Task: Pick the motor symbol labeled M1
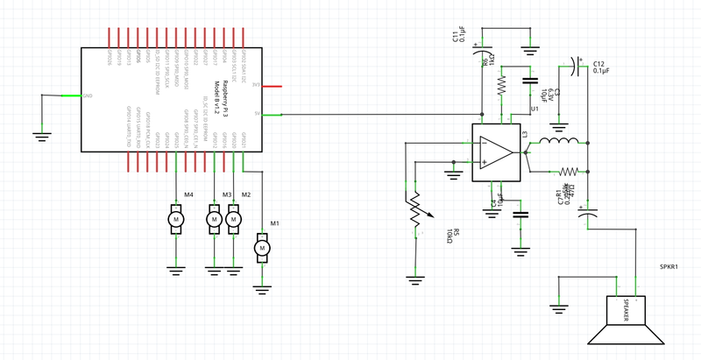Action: pyautogui.click(x=261, y=248)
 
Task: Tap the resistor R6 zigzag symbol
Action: pyautogui.click(x=501, y=85)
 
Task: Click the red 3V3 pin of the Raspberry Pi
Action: pyautogui.click(x=272, y=86)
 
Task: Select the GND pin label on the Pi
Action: pyautogui.click(x=88, y=95)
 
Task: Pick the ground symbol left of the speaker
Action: pyautogui.click(x=558, y=307)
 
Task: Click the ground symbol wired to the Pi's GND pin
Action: pyautogui.click(x=39, y=134)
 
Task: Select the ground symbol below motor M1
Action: pyautogui.click(x=261, y=283)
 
